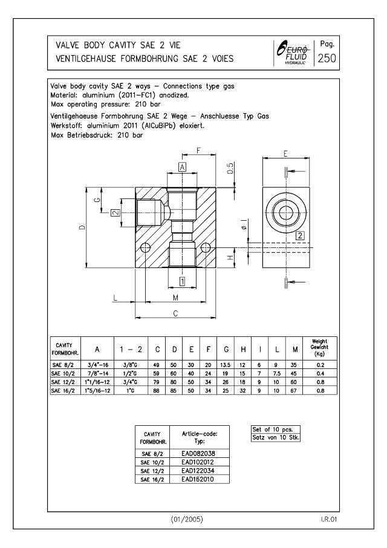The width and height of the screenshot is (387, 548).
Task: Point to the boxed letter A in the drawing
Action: click(x=182, y=166)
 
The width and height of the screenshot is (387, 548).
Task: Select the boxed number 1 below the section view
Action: click(x=182, y=281)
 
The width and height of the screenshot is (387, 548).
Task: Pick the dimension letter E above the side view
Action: click(x=285, y=154)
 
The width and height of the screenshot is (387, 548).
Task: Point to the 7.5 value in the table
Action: click(x=278, y=373)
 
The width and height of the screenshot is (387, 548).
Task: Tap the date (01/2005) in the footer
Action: click(x=193, y=519)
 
